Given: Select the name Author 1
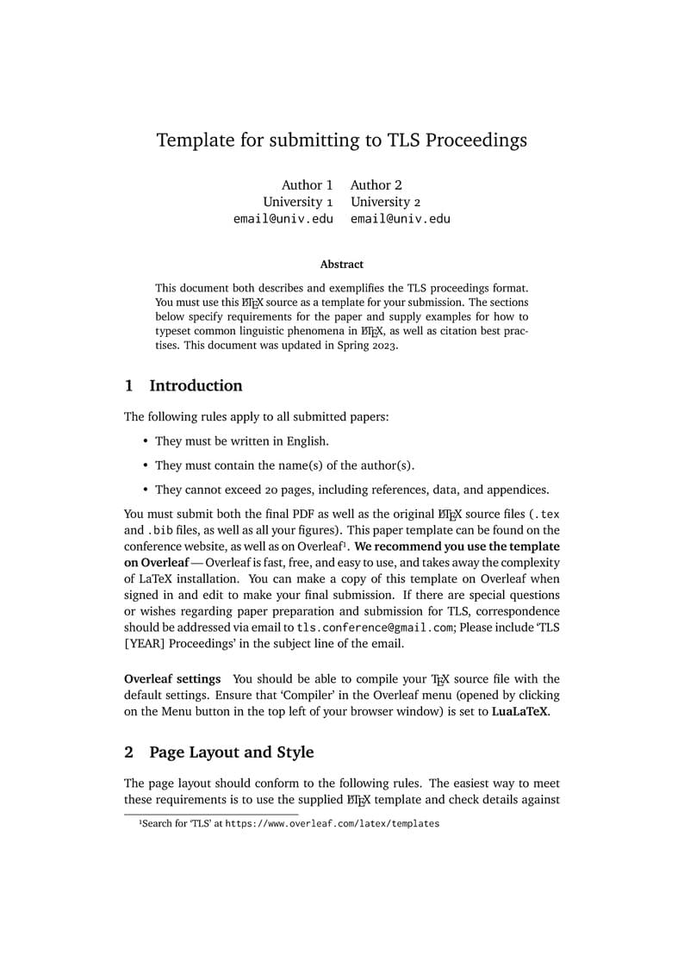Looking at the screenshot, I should [x=307, y=184].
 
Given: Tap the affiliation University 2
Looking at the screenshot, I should [x=385, y=202].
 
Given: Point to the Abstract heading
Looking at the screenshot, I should [x=342, y=265].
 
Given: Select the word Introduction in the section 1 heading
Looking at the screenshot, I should [x=196, y=386].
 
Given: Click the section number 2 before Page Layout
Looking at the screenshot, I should [x=129, y=753].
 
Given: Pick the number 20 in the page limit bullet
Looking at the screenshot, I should [x=272, y=490].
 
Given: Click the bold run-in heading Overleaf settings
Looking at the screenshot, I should [x=172, y=679].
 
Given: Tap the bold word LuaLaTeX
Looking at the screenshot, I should [x=520, y=712].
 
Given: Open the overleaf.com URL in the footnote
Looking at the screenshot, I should [x=332, y=824].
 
